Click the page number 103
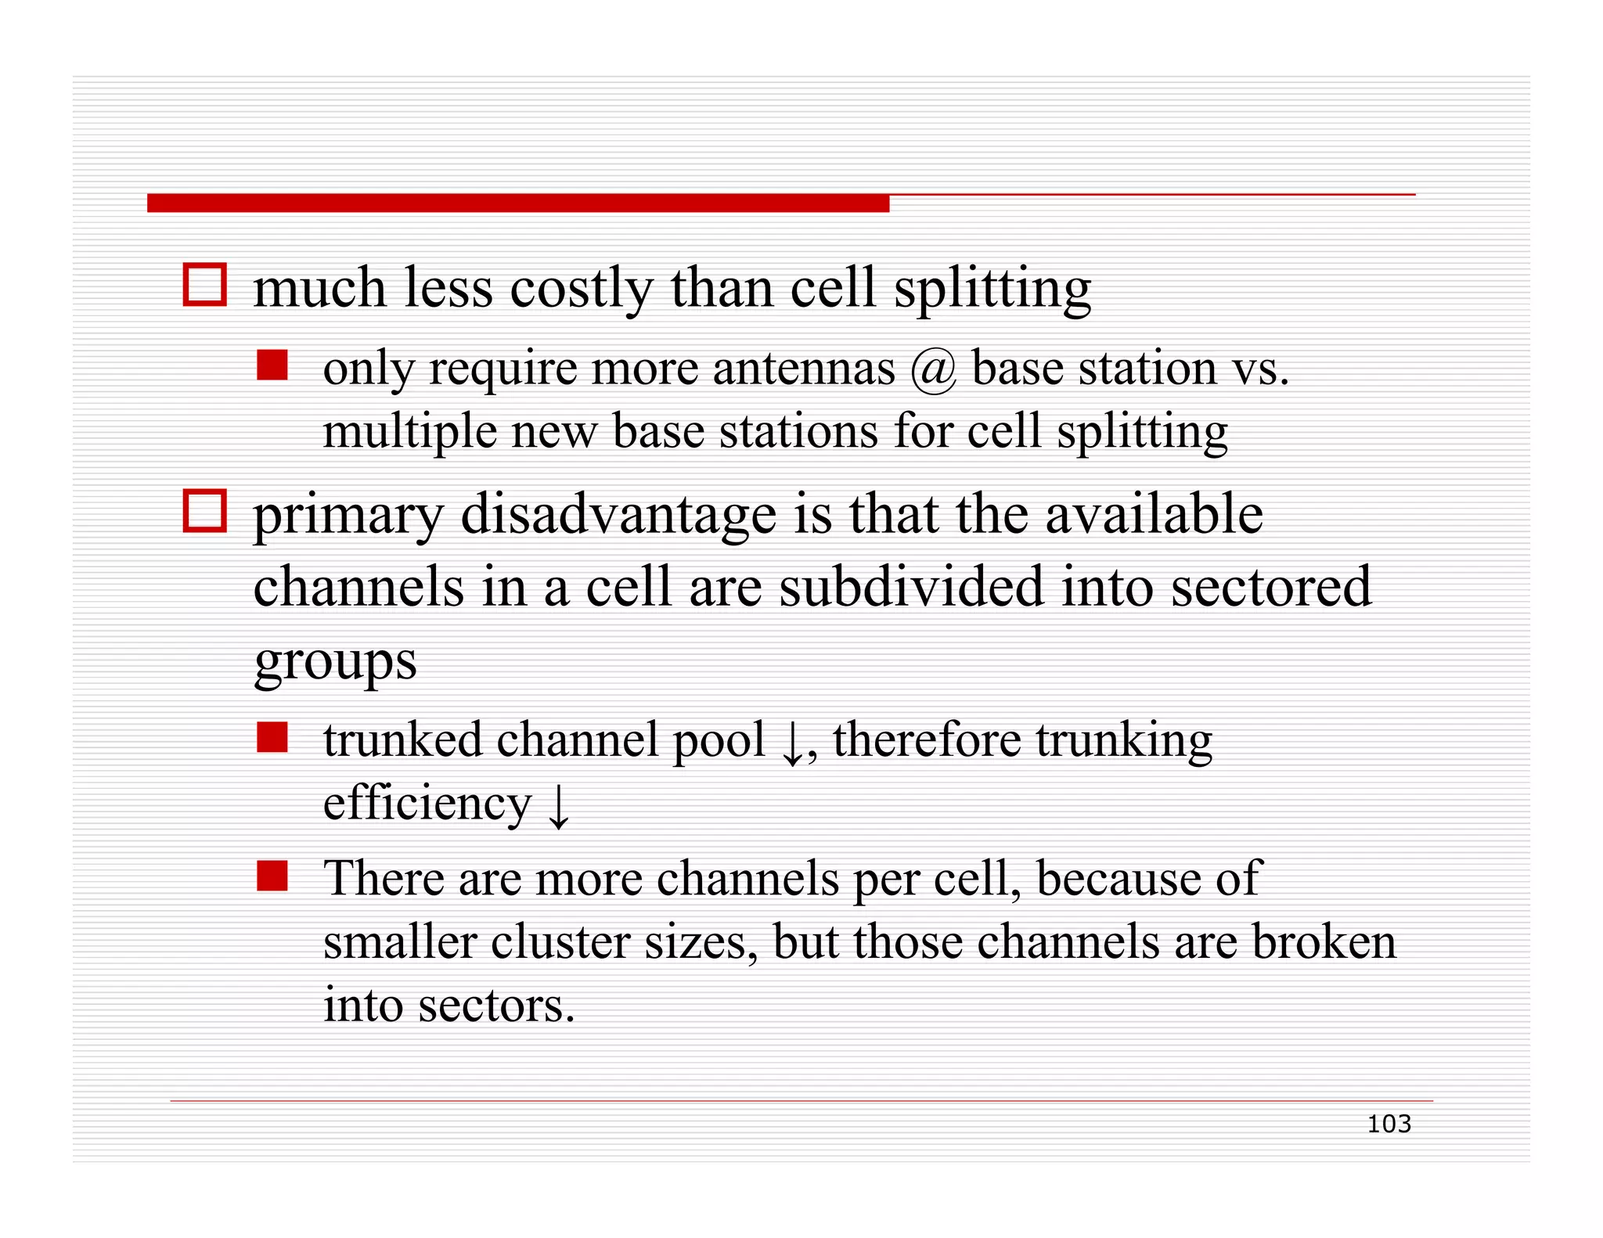click(1389, 1124)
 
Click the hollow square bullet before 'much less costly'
click(205, 284)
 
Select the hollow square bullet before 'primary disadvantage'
click(205, 510)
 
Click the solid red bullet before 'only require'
click(272, 365)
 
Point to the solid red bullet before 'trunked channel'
click(272, 737)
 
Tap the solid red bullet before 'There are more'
click(272, 876)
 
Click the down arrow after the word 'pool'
click(793, 742)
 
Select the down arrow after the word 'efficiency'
click(559, 806)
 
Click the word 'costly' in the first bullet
click(581, 289)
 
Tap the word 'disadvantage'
click(618, 515)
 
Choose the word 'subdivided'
click(911, 586)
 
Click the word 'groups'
click(335, 662)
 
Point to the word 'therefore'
click(927, 740)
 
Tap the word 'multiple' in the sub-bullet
click(409, 432)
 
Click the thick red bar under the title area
click(517, 203)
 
